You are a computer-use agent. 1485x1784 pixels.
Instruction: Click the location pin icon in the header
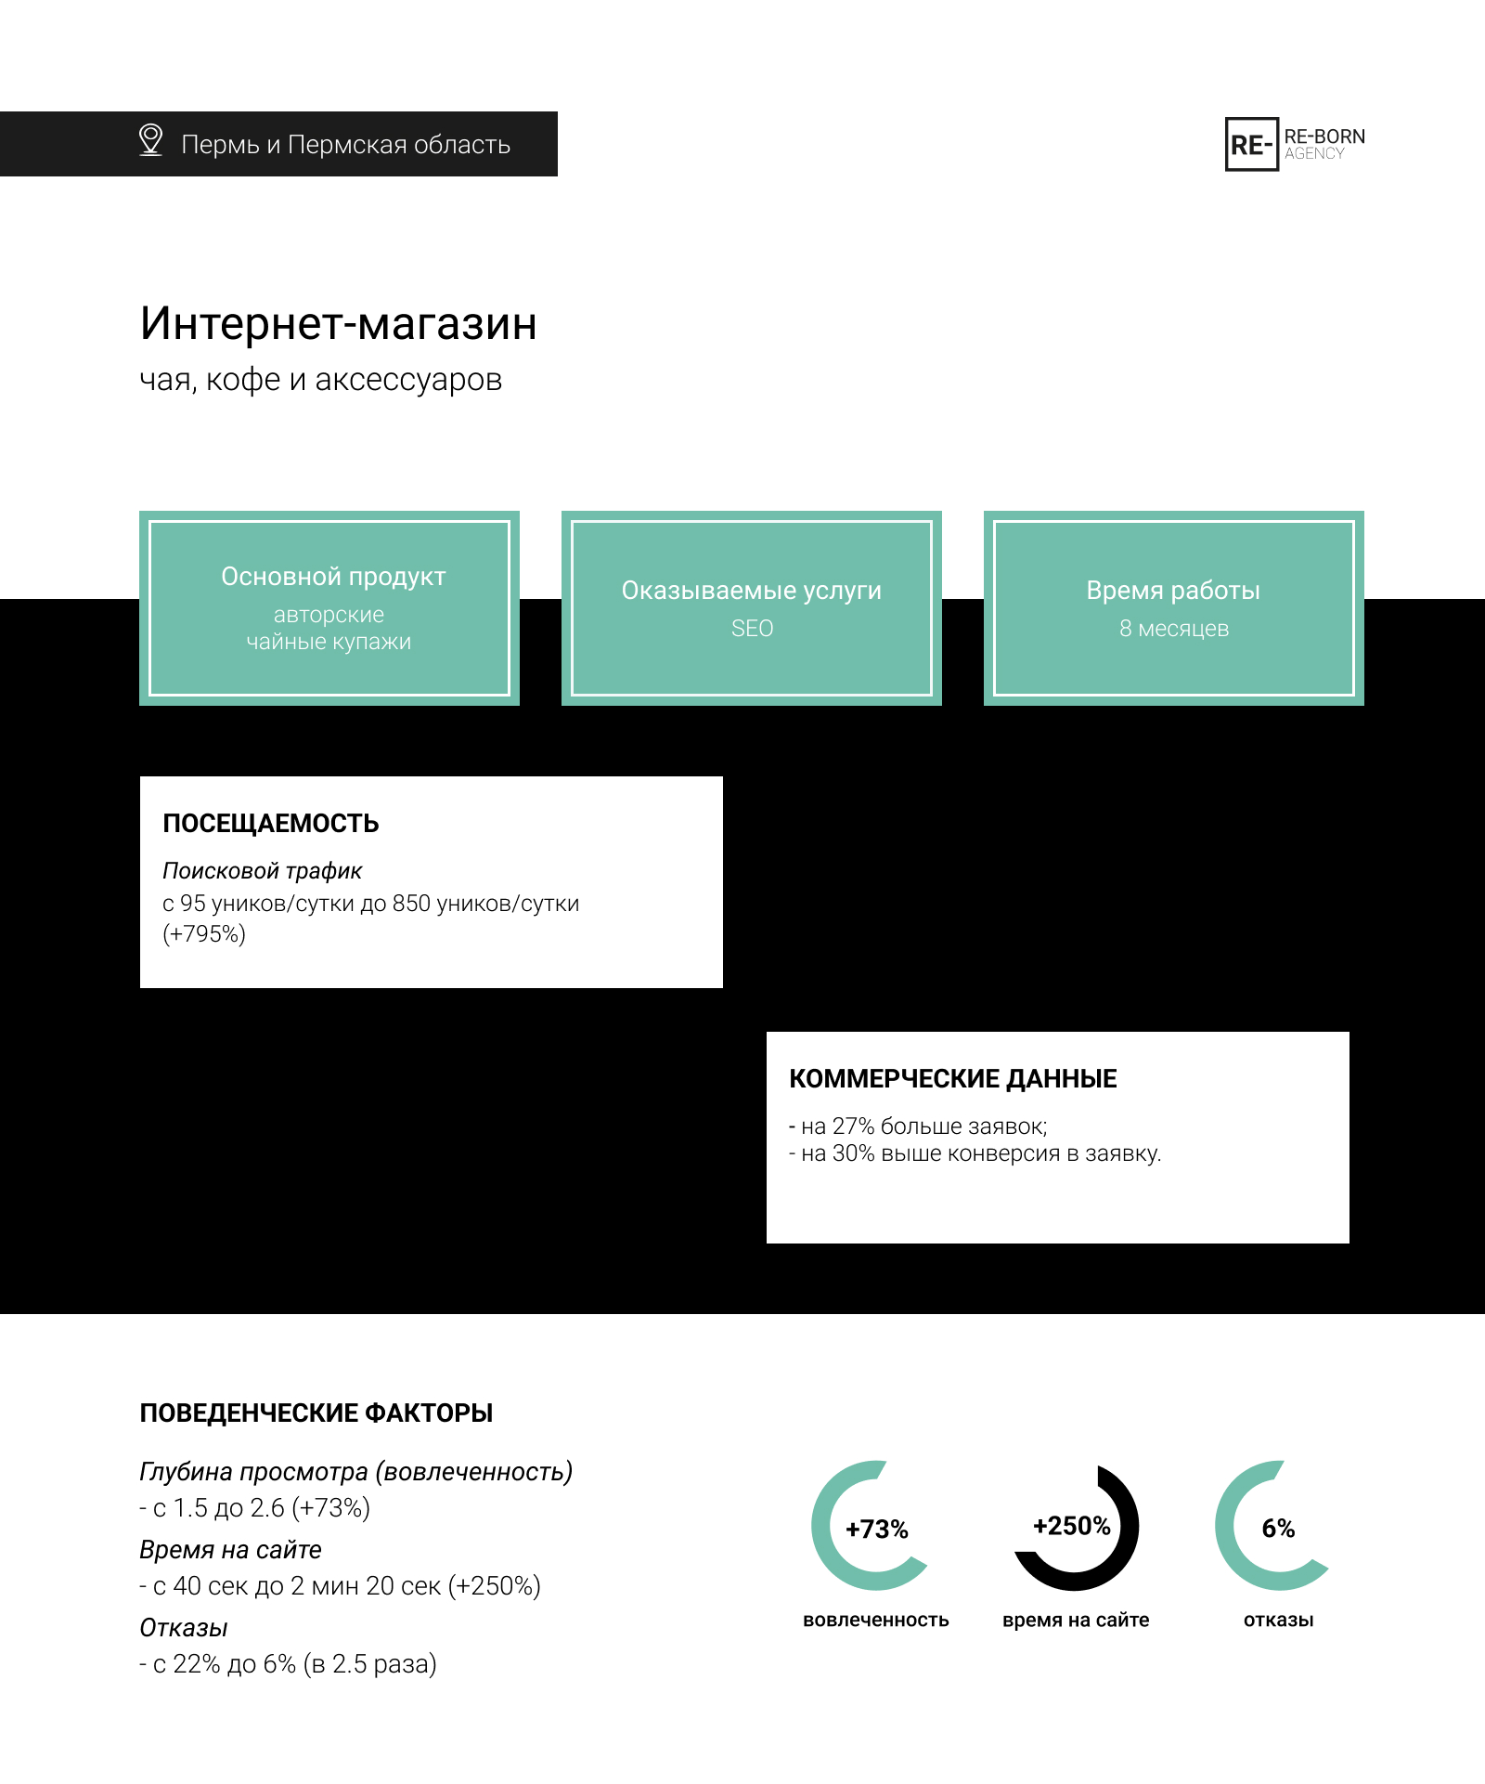coord(150,140)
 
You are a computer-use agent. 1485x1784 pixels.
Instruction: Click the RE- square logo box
coord(1252,144)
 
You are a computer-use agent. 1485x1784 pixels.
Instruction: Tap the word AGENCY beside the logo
coord(1314,154)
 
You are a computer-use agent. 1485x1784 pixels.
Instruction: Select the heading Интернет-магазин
coord(339,324)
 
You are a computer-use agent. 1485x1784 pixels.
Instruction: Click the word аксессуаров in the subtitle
coord(408,380)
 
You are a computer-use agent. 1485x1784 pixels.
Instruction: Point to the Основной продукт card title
coord(333,577)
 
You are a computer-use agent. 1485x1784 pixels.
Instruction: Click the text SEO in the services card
coord(752,629)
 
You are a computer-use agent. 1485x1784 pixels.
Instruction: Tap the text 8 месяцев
coord(1174,629)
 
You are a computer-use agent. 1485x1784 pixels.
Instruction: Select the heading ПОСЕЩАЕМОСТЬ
coord(271,824)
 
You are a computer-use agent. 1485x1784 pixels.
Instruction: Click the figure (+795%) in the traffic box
coord(204,934)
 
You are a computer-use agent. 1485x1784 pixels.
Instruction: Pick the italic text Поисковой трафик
coord(262,871)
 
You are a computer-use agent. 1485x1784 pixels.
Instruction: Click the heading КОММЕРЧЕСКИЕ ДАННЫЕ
coord(953,1079)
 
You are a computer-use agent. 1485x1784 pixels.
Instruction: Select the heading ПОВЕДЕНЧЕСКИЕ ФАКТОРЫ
coord(316,1413)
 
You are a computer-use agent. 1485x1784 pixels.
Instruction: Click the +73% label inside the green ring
coord(877,1530)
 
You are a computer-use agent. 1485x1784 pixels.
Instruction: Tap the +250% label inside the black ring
coord(1072,1526)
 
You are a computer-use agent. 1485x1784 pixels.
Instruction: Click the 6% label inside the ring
coord(1278,1529)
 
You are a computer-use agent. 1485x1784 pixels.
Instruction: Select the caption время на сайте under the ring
coord(1076,1621)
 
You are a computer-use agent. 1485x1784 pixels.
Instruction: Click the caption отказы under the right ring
coord(1278,1621)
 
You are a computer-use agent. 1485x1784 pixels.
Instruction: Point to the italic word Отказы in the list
coord(184,1628)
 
